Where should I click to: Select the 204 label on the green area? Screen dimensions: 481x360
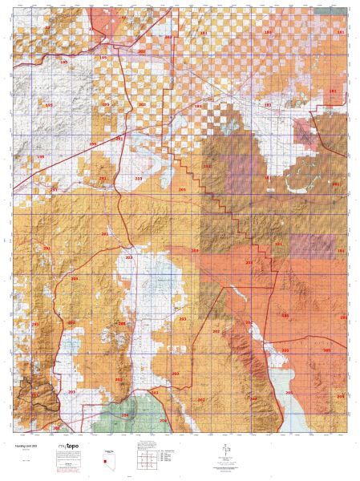pos(123,415)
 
